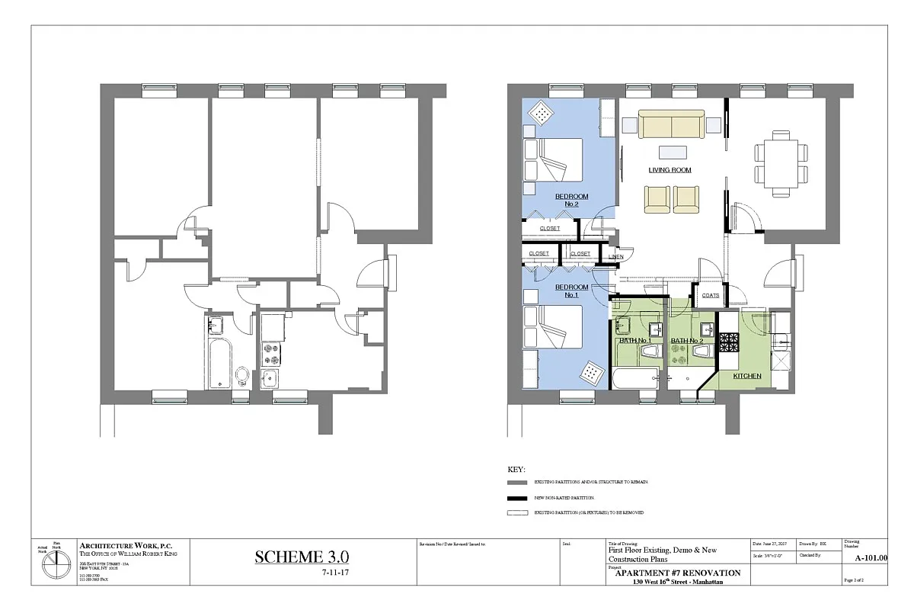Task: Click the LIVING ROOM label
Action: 670,170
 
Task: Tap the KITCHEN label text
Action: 746,377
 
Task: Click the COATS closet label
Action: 710,295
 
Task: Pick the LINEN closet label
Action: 615,257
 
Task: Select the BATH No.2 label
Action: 687,341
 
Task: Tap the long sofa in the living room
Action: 670,124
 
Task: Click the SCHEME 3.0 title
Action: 302,557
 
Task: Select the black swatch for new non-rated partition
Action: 517,498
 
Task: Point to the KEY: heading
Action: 516,469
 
